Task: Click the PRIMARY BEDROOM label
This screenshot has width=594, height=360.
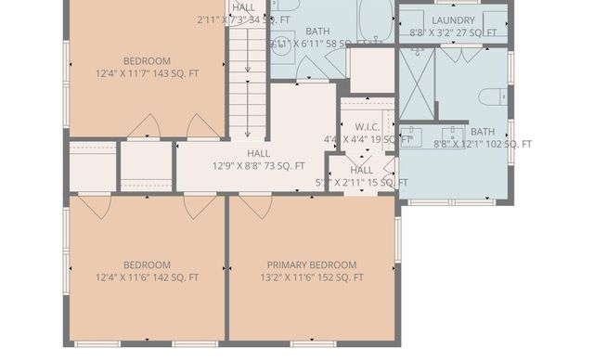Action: (x=311, y=264)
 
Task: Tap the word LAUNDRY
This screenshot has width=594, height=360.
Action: (x=453, y=19)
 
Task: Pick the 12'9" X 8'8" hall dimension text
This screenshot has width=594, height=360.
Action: (x=258, y=166)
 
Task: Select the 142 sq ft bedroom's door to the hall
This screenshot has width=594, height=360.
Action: (x=200, y=206)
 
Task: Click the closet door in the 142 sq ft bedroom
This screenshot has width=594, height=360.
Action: (x=94, y=206)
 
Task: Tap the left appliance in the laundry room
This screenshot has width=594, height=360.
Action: (x=415, y=19)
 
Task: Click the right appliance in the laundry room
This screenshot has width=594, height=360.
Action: (x=494, y=19)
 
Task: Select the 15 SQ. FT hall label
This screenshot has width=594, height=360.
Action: (x=361, y=176)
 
